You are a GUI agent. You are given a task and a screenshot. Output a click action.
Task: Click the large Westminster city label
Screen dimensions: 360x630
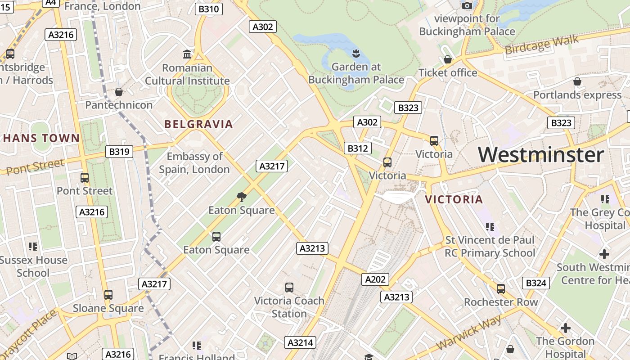(x=540, y=155)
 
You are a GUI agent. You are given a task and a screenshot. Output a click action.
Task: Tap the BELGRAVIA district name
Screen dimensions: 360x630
(x=198, y=124)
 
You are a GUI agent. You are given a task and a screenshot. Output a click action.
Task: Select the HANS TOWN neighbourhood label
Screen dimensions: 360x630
(x=41, y=138)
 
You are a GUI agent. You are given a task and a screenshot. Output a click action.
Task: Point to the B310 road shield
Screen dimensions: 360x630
(x=209, y=9)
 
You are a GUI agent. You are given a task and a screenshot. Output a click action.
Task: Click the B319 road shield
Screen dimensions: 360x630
(x=119, y=152)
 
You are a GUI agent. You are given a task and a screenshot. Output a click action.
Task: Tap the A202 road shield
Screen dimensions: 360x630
(x=375, y=279)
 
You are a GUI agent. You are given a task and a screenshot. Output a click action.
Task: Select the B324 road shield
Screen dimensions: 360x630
(x=536, y=283)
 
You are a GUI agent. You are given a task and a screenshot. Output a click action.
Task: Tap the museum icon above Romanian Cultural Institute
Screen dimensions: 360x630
(x=187, y=54)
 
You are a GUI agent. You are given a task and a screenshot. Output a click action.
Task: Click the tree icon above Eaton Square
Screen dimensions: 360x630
(x=242, y=197)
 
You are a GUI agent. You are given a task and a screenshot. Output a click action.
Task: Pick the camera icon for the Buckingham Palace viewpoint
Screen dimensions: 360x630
(x=467, y=5)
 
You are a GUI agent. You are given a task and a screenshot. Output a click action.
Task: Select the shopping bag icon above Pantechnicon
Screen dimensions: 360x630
(x=119, y=92)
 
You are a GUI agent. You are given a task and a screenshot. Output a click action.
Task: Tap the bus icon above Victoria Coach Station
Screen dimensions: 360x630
(x=289, y=287)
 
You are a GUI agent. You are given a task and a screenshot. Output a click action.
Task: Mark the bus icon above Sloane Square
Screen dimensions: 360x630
(x=108, y=295)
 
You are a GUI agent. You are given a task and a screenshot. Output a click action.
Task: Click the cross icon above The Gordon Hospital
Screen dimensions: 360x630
(x=565, y=328)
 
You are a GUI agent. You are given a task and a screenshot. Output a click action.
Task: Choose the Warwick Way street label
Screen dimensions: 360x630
(x=469, y=333)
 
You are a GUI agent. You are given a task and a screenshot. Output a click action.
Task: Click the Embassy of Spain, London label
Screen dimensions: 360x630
(x=194, y=163)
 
